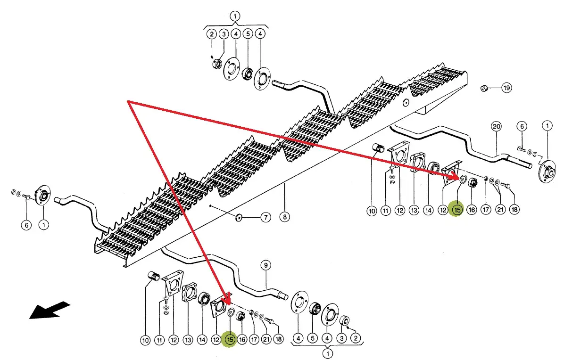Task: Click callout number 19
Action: [506, 88]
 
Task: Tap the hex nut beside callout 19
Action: [484, 88]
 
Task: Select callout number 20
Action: [496, 126]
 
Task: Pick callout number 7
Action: [266, 217]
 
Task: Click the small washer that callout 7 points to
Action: [239, 217]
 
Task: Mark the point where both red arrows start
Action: [129, 101]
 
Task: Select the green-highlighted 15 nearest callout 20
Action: [456, 210]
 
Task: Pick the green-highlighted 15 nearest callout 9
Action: [230, 339]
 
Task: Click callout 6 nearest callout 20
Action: [521, 126]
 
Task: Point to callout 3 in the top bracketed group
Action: [224, 34]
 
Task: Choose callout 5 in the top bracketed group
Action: [248, 34]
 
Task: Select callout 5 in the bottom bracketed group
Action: [312, 338]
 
